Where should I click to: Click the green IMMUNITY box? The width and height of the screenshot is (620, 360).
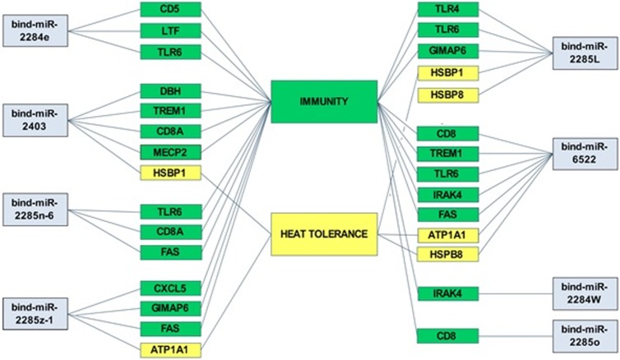[x=324, y=101]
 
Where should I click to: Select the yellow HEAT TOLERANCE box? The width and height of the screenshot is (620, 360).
[x=323, y=234]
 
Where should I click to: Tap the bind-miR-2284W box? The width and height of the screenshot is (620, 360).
[x=584, y=292]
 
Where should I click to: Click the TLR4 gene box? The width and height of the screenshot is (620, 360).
[x=447, y=10]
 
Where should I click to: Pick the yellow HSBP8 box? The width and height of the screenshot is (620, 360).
[x=447, y=95]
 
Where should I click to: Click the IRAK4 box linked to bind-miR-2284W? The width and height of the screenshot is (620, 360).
[x=447, y=293]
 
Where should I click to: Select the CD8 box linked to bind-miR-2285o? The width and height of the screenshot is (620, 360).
[x=447, y=335]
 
